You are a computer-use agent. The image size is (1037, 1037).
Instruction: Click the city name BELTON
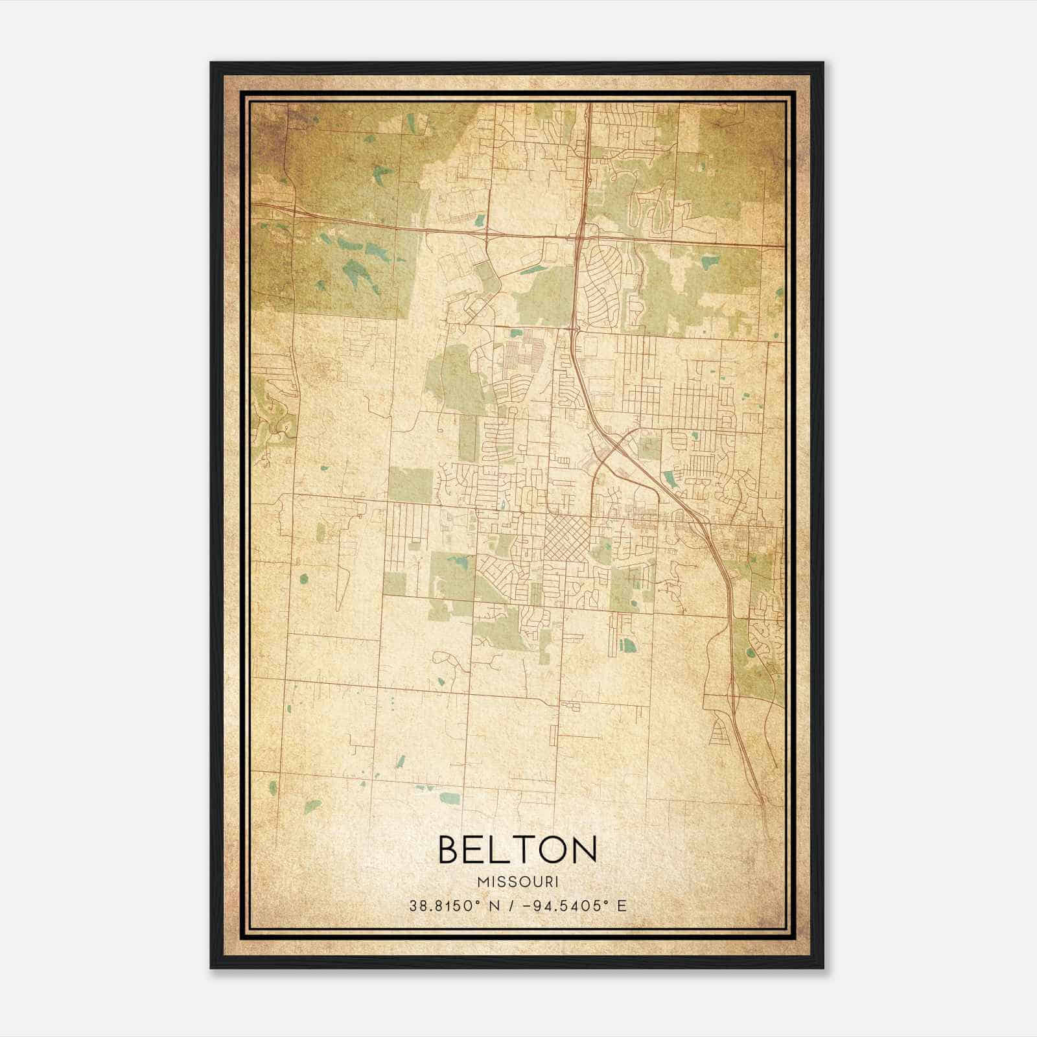(x=517, y=850)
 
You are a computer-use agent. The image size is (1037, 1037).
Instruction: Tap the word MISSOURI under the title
(x=517, y=882)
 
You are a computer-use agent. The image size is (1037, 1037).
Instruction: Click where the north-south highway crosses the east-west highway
(x=578, y=237)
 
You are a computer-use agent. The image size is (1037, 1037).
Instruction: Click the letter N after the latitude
(x=496, y=905)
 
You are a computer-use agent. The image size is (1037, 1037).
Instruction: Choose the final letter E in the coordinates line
(x=622, y=905)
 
